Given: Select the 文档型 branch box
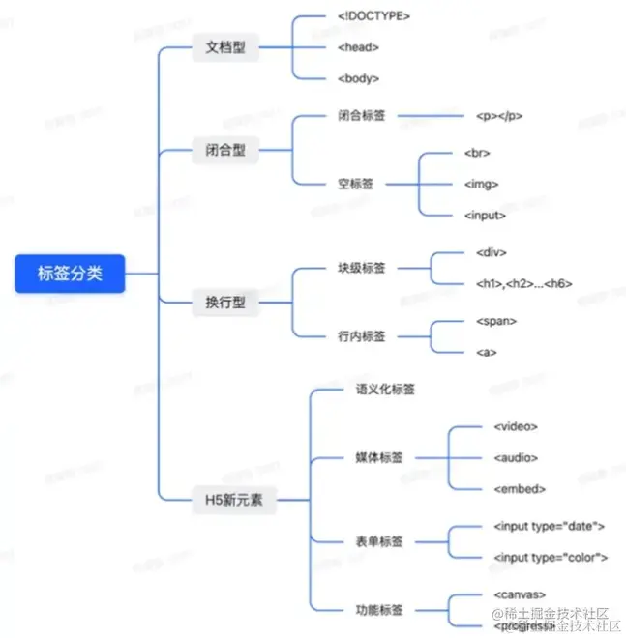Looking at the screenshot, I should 225,46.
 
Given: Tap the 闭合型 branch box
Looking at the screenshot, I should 225,152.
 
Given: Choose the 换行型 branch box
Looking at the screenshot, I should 225,303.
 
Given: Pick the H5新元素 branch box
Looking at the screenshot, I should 234,501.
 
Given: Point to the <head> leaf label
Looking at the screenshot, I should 359,46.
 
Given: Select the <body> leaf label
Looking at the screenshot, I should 359,77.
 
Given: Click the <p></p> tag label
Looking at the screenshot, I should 499,116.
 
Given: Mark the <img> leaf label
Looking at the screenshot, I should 481,183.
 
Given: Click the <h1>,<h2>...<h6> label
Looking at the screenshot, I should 524,283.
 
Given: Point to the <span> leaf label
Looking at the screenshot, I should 496,321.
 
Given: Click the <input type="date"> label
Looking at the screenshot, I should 549,527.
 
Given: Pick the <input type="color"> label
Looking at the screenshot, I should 550,558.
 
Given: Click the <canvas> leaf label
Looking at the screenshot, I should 520,594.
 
